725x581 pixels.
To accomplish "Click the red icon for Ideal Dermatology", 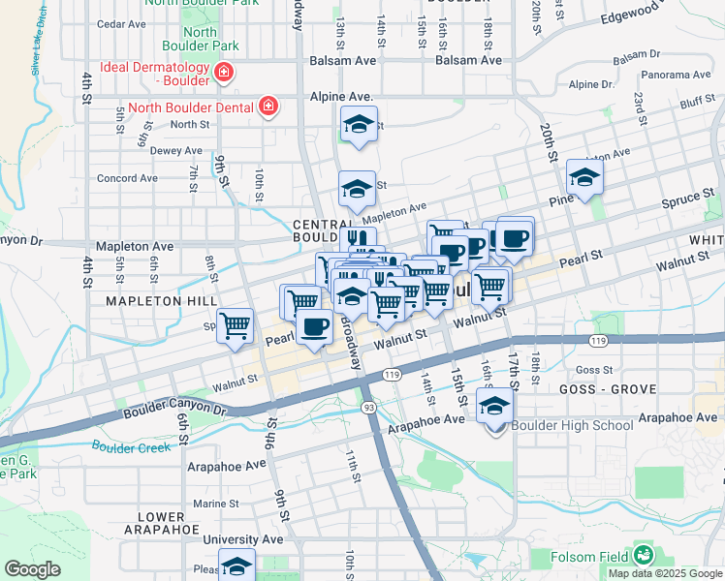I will point(223,73).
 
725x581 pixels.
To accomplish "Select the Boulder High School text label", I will point(572,425).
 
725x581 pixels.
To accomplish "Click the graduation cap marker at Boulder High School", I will point(494,408).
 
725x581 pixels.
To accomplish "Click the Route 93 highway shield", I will point(369,408).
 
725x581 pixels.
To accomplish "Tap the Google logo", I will point(32,569).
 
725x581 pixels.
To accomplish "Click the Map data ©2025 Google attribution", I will point(664,573).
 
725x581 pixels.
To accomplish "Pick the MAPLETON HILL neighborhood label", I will point(162,301).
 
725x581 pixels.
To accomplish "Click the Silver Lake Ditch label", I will point(40,41).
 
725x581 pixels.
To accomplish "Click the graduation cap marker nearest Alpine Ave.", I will point(359,124).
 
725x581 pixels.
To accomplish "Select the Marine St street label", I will point(215,504).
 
